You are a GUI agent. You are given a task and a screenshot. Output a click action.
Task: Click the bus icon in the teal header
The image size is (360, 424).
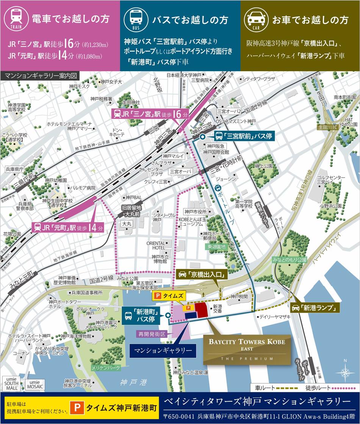pyautogui.click(x=136, y=19)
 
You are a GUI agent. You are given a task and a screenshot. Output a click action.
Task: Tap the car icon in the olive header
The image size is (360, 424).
pyautogui.click(x=256, y=19)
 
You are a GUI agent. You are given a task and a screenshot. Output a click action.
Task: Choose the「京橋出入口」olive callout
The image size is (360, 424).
pyautogui.click(x=201, y=274)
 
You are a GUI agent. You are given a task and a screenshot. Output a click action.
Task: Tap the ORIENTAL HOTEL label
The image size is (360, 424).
pyautogui.click(x=156, y=245)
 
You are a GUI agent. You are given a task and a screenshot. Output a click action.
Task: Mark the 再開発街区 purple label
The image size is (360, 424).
pyautogui.click(x=151, y=334)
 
